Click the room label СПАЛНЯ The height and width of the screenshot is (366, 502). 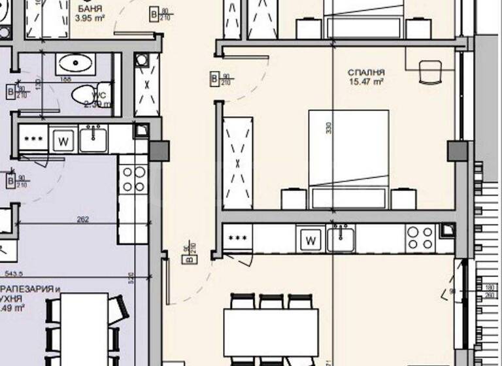pyautogui.click(x=366, y=73)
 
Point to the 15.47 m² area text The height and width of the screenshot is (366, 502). pyautogui.click(x=366, y=82)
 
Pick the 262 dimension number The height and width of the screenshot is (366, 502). pyautogui.click(x=83, y=220)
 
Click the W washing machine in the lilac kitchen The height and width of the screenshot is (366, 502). pyautogui.click(x=62, y=140)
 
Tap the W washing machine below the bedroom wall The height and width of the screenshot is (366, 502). pyautogui.click(x=311, y=241)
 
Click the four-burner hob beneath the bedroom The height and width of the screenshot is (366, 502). pyautogui.click(x=420, y=239)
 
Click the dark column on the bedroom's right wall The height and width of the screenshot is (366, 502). pyautogui.click(x=457, y=152)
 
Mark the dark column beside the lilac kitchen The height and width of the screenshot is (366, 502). pyautogui.click(x=159, y=151)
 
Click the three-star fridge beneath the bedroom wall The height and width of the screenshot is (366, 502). pyautogui.click(x=237, y=239)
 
